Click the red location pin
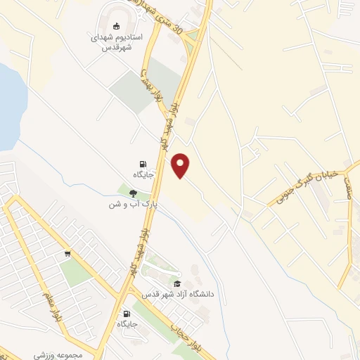coord(181,165)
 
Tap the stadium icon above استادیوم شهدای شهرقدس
coord(117,25)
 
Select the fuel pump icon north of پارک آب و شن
coord(143,163)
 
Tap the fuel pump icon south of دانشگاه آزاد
coord(127,314)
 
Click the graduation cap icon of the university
coord(176,283)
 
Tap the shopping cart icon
coord(67,254)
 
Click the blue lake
coord(8,105)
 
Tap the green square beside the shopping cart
coord(75,271)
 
